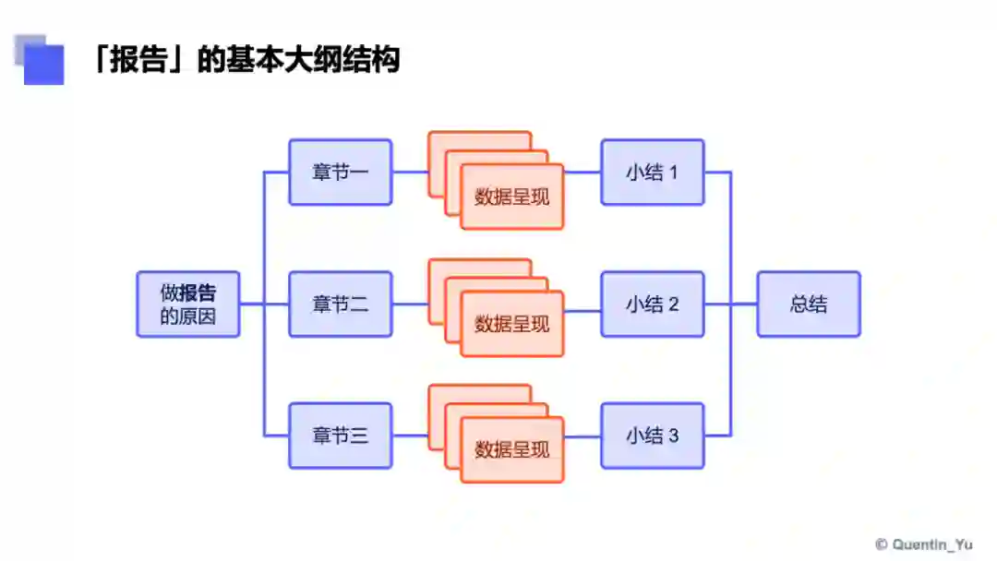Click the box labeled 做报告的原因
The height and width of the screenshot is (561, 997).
(188, 304)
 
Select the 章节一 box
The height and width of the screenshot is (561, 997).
(340, 172)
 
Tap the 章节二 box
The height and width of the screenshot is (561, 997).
(340, 304)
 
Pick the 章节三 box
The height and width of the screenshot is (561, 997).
(340, 436)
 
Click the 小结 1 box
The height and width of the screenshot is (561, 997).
(652, 172)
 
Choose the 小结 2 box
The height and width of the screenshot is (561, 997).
(652, 304)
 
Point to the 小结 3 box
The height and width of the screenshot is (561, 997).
(652, 436)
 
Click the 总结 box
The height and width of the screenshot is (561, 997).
(809, 304)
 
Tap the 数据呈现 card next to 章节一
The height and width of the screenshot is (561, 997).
(511, 197)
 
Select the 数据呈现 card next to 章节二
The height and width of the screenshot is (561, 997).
(511, 324)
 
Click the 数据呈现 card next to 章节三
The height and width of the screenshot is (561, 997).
(511, 449)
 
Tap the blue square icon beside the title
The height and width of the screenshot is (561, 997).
(42, 61)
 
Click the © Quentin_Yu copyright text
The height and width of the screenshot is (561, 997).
(923, 544)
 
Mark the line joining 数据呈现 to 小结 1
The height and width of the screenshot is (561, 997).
(582, 172)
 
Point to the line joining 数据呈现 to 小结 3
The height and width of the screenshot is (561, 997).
(582, 436)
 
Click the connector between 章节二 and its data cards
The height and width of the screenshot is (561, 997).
(410, 304)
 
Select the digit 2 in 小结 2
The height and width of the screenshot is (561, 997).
(673, 304)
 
